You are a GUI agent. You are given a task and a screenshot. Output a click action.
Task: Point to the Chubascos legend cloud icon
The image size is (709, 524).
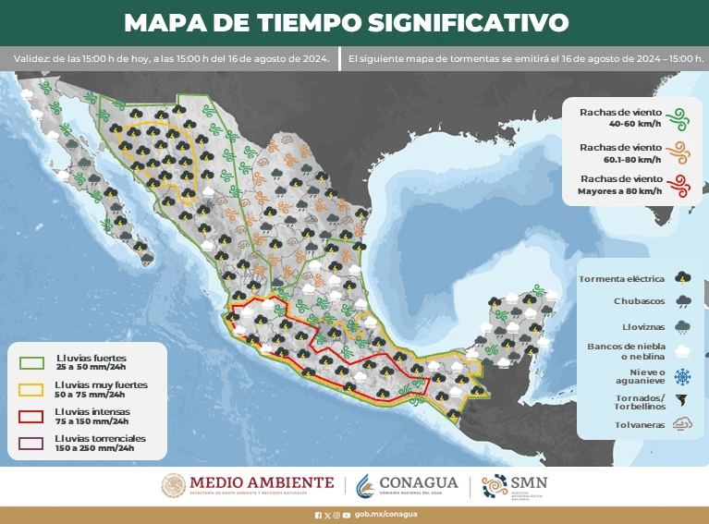pyautogui.click(x=684, y=301)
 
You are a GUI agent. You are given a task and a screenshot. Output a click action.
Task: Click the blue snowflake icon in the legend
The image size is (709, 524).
pyautogui.click(x=684, y=376)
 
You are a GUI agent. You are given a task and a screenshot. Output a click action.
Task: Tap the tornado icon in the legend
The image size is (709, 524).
pyautogui.click(x=684, y=401)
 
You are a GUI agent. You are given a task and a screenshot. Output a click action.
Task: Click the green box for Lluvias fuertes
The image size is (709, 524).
pyautogui.click(x=32, y=361)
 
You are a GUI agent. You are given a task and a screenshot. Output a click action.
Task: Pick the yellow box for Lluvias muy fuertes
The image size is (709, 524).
pyautogui.click(x=32, y=388)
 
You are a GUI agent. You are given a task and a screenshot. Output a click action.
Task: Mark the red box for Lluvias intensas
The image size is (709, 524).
pyautogui.click(x=32, y=416)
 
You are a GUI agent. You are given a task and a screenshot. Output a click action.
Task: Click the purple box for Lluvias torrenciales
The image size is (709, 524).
pyautogui.click(x=32, y=443)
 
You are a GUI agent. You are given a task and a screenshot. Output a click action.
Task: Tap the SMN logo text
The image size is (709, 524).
pyautogui.click(x=528, y=482)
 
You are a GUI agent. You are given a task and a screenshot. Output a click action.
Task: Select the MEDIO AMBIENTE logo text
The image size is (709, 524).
pyautogui.click(x=262, y=481)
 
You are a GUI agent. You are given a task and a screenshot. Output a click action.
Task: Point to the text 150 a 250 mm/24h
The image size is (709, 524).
pyautogui.click(x=94, y=448)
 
